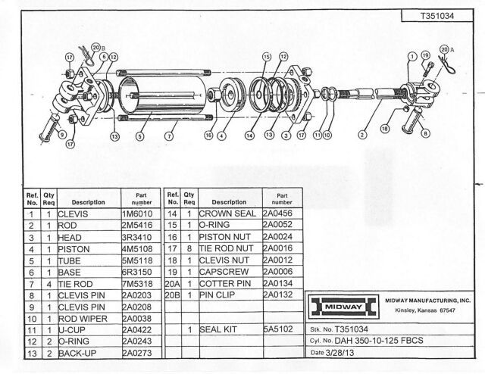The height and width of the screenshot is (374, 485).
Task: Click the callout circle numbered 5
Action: [x=140, y=137]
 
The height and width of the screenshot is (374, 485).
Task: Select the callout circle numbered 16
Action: [x=208, y=136]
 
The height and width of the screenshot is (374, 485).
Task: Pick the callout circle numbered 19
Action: [x=425, y=55]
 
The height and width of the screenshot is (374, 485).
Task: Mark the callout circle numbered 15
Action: [x=267, y=57]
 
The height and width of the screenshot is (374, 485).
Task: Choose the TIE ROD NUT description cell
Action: [x=227, y=249]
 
